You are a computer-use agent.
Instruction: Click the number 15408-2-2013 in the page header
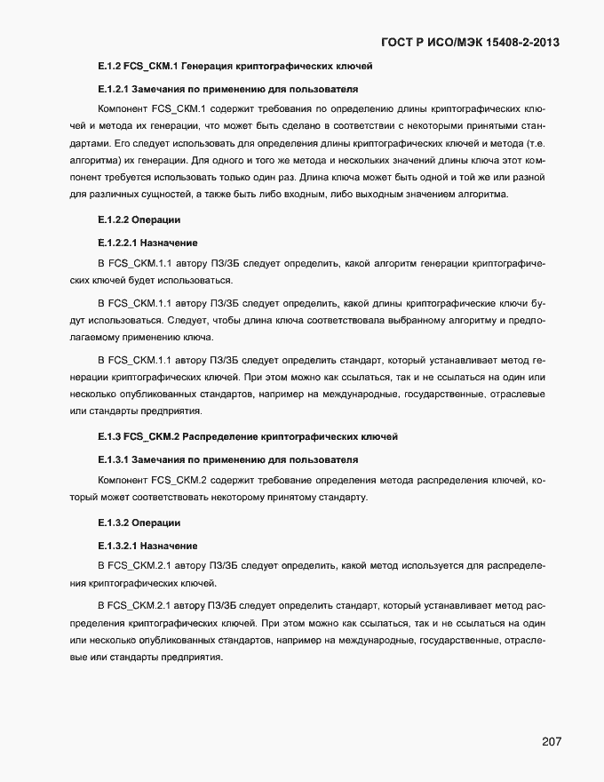click(x=514, y=42)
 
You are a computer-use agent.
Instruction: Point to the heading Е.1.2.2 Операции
click(x=139, y=219)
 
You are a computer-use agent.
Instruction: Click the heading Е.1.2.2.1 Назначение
click(x=147, y=242)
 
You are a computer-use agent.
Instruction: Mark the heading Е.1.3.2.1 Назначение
click(x=147, y=545)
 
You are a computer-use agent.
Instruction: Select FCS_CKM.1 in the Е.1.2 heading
click(x=153, y=67)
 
